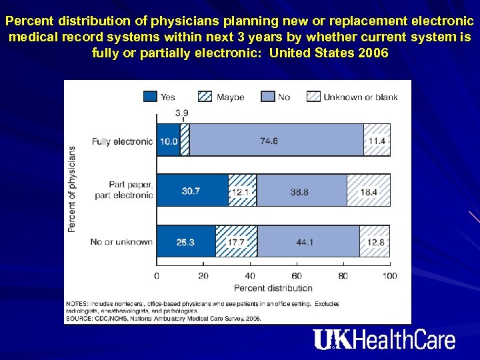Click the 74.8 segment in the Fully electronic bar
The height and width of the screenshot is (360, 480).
(276, 141)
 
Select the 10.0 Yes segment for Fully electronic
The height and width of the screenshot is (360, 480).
(168, 141)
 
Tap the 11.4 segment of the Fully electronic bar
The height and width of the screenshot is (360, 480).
(377, 141)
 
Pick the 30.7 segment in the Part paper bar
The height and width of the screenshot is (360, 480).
(192, 191)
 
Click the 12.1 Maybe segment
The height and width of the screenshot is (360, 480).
(242, 191)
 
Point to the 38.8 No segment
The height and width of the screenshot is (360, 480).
(301, 191)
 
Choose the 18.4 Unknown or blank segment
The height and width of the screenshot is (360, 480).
(369, 191)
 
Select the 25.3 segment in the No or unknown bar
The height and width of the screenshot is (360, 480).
(186, 241)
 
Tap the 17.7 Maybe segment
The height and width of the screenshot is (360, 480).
(237, 241)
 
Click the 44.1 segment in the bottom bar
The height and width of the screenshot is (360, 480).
(309, 241)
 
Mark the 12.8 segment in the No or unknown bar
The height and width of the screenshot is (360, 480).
(375, 241)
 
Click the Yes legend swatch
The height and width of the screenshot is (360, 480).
(151, 97)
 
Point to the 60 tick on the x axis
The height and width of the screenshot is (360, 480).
(297, 275)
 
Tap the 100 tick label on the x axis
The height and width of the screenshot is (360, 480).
(390, 275)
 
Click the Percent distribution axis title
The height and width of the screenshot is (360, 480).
(273, 288)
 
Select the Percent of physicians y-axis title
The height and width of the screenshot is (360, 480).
(72, 190)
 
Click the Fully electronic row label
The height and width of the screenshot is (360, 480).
(122, 141)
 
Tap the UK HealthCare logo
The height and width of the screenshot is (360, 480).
(385, 340)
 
